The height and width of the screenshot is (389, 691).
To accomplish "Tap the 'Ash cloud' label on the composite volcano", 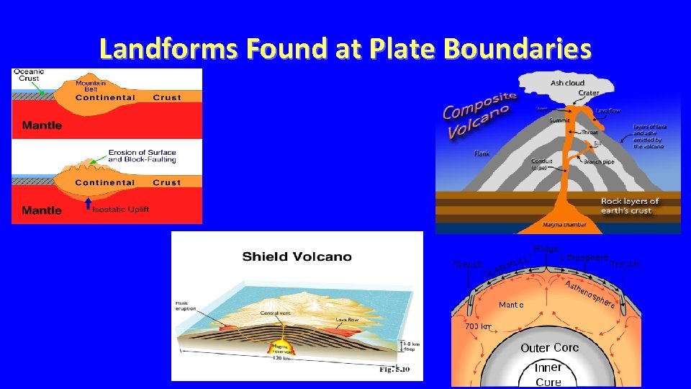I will pyautogui.click(x=567, y=83).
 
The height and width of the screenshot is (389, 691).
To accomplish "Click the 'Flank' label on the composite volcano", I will pyautogui.click(x=482, y=153).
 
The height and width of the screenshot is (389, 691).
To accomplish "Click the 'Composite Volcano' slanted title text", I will pyautogui.click(x=479, y=115).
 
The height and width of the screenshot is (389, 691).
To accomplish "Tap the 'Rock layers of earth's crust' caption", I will pyautogui.click(x=630, y=205).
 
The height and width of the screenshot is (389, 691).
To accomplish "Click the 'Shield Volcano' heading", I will pyautogui.click(x=297, y=256).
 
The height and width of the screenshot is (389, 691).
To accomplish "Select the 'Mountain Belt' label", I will pyautogui.click(x=91, y=86).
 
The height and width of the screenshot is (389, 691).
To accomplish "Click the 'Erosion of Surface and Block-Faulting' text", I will pyautogui.click(x=142, y=156).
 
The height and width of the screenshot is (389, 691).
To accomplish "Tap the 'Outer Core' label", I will pyautogui.click(x=549, y=348).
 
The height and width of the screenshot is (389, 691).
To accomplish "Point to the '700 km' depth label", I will pyautogui.click(x=478, y=326).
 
